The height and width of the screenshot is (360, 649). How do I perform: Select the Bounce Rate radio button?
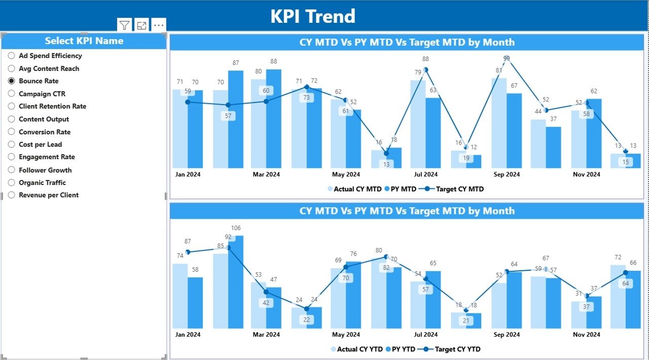tap(12, 81)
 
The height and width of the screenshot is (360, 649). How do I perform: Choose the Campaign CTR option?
tap(12, 94)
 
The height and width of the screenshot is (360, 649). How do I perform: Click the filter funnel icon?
tap(124, 25)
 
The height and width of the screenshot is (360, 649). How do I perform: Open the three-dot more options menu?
tap(159, 25)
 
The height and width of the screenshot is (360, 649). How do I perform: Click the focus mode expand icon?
tap(141, 25)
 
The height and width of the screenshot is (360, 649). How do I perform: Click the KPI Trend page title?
tap(312, 16)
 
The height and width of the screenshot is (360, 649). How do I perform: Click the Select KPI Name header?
tap(84, 41)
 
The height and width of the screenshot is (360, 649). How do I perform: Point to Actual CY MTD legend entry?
tap(355, 189)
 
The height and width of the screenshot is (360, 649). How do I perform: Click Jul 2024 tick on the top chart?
tap(426, 174)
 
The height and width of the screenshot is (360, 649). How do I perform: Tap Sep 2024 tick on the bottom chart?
tap(506, 335)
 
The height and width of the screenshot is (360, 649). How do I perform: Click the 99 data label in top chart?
tap(507, 59)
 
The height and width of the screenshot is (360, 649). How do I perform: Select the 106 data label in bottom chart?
tap(236, 228)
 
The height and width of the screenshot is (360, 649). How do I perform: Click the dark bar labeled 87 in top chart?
tap(236, 122)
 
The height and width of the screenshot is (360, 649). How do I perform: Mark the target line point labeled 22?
tap(307, 309)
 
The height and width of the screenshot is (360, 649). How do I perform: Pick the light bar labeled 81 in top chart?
tap(499, 124)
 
